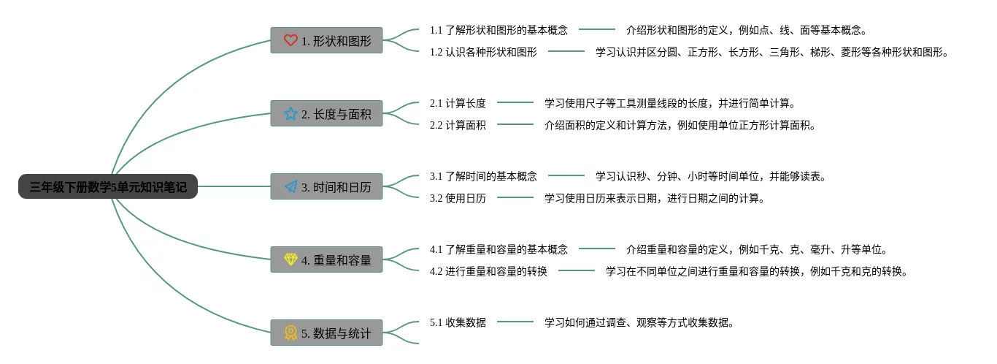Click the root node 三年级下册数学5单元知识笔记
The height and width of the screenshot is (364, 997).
tap(108, 187)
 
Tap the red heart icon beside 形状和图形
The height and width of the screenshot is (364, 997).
tap(290, 41)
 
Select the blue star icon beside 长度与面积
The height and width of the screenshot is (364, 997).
tap(290, 114)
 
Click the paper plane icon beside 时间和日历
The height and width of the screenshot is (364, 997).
tap(290, 187)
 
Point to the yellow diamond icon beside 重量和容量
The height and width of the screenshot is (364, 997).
tap(290, 260)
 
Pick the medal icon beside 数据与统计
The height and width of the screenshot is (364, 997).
tap(290, 333)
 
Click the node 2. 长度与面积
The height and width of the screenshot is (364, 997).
tap(326, 114)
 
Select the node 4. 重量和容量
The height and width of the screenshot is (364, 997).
tap(326, 260)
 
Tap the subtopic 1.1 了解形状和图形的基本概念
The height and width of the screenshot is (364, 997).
tap(498, 30)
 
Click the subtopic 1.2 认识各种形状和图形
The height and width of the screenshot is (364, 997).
tap(483, 52)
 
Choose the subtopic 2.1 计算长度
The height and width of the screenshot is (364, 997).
tap(458, 103)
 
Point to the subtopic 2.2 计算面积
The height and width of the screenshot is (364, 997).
tap(458, 125)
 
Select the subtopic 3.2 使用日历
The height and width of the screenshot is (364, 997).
tap(458, 198)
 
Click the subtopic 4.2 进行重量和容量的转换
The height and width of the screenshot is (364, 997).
tap(488, 271)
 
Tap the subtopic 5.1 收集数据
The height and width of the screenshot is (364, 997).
tap(458, 322)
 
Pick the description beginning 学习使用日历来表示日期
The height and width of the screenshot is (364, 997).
tap(654, 198)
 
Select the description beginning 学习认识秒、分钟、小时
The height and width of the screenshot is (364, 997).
tap(710, 176)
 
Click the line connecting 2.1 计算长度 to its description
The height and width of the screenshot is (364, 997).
tap(515, 103)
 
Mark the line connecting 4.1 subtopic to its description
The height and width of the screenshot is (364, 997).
tap(597, 249)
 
